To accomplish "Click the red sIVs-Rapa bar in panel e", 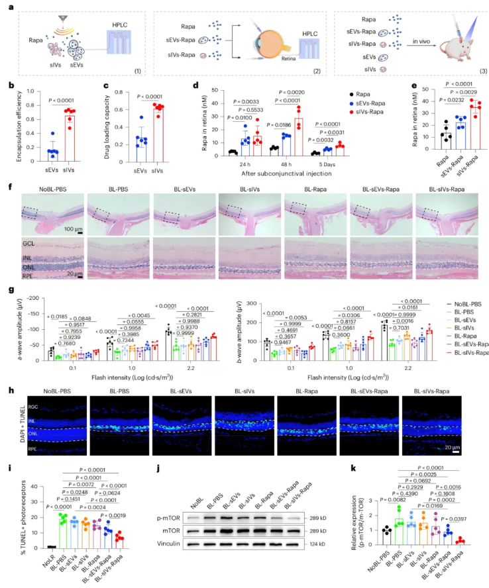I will point(474,130).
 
